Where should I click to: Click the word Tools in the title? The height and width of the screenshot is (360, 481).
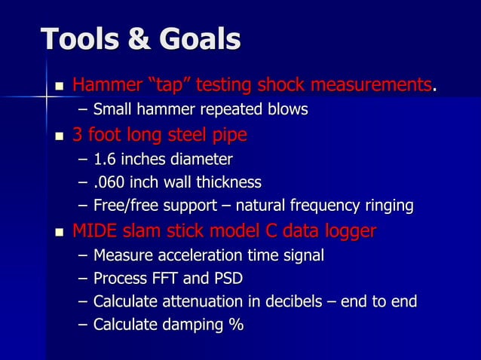[x=78, y=39]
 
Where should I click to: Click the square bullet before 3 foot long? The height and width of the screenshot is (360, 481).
[x=60, y=137]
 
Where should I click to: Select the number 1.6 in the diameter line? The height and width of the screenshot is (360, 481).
[x=106, y=159]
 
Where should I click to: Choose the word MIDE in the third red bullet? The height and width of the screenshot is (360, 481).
[x=95, y=230]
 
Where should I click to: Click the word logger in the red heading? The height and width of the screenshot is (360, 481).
[x=349, y=230]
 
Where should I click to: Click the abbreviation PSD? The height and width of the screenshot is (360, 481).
[x=227, y=279]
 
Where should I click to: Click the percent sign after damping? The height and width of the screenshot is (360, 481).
[x=236, y=325]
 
